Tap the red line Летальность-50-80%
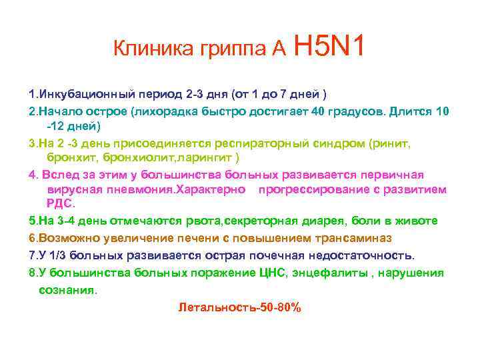(240, 308)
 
